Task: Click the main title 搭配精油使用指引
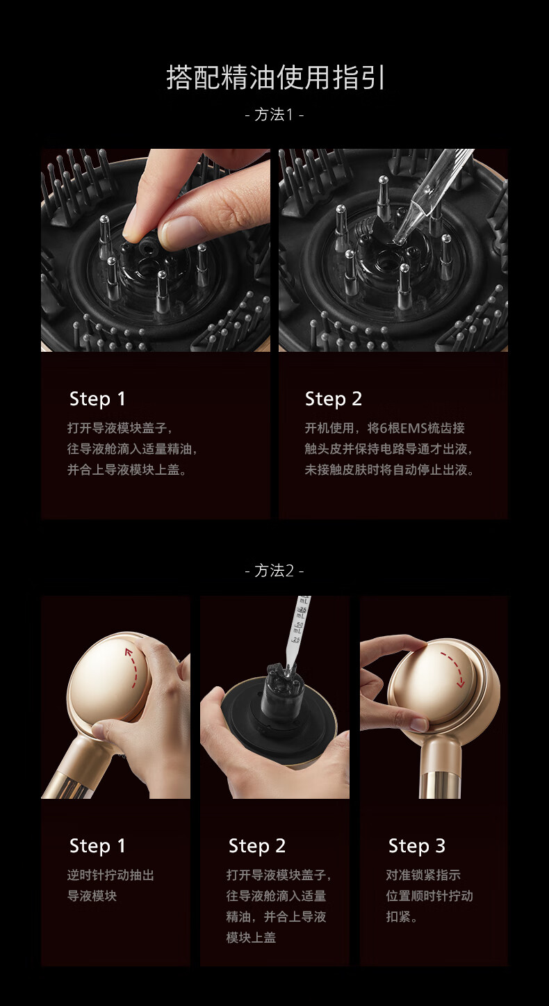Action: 275,78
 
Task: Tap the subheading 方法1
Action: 274,115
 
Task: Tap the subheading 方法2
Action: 274,571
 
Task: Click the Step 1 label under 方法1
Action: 97,399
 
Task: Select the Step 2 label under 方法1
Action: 334,399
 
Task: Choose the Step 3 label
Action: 417,845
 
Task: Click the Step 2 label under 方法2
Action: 257,845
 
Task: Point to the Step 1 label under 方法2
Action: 97,845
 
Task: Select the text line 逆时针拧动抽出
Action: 110,875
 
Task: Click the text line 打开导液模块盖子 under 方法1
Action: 120,428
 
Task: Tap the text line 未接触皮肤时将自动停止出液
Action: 388,470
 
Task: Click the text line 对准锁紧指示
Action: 423,875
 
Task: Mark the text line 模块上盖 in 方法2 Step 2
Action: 251,937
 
